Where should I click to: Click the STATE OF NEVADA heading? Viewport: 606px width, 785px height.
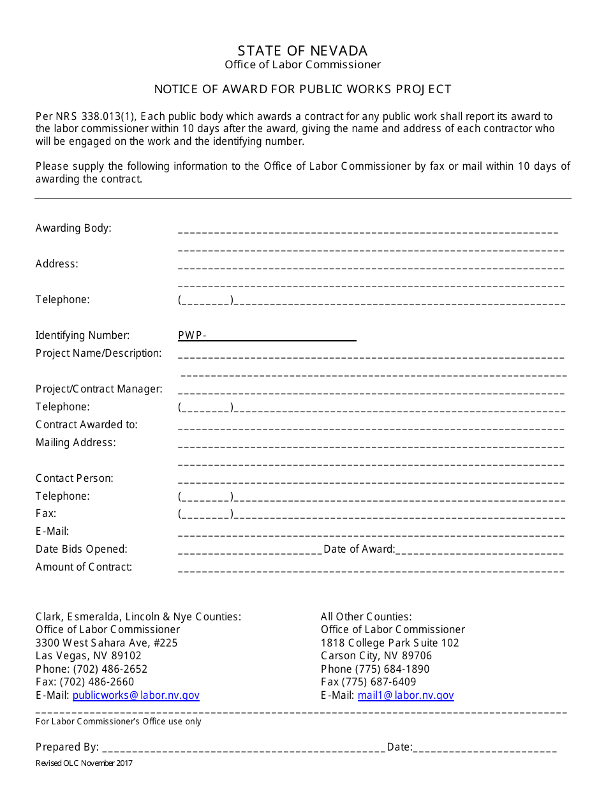click(302, 51)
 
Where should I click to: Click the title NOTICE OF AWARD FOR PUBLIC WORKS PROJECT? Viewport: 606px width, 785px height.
click(302, 89)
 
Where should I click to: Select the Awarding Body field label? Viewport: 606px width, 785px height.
click(73, 228)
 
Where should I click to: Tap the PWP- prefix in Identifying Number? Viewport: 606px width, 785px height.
click(192, 336)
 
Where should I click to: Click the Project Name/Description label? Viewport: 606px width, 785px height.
click(99, 354)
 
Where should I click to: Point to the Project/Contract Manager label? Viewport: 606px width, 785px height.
click(99, 389)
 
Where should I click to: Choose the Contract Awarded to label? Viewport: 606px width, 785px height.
click(87, 425)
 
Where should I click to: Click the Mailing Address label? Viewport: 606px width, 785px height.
click(76, 443)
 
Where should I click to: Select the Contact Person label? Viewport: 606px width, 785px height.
click(75, 479)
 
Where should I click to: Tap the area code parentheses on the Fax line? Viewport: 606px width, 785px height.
click(206, 514)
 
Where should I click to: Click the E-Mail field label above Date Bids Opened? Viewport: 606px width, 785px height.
click(52, 532)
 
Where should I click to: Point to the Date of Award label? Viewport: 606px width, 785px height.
click(359, 549)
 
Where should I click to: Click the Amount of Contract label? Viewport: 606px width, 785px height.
click(84, 567)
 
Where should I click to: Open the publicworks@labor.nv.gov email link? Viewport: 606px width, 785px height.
click(136, 696)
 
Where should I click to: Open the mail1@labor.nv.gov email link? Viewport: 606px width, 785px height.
click(406, 696)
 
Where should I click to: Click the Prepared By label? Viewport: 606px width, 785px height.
click(67, 747)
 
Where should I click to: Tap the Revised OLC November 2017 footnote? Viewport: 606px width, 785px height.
click(84, 763)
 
